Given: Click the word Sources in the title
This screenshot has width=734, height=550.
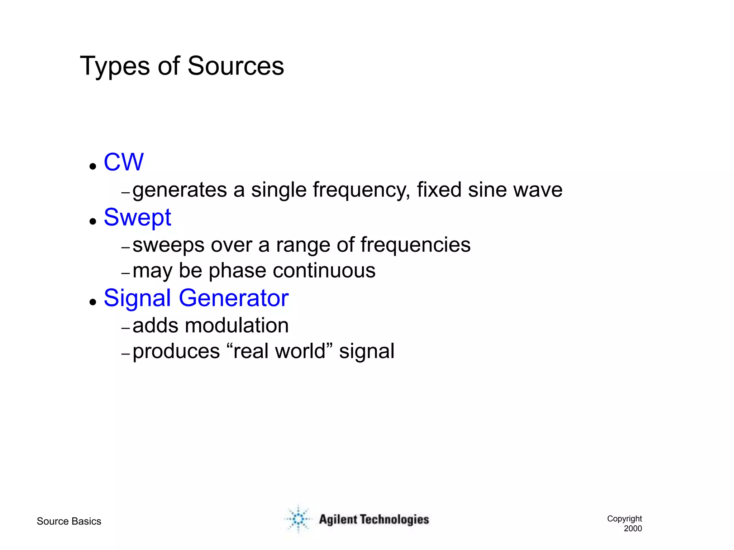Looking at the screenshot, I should click(x=235, y=66).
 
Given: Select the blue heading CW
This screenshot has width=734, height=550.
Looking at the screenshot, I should click(x=124, y=162).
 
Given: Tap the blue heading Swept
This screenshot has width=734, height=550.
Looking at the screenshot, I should click(x=137, y=218).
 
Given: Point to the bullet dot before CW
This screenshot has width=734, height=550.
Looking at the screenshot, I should click(x=93, y=166).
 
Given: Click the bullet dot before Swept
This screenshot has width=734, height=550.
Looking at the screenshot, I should click(x=93, y=221).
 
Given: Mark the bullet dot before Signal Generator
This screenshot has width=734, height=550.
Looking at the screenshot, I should click(x=93, y=302).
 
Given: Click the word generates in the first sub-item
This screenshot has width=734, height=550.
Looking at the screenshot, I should click(x=180, y=190).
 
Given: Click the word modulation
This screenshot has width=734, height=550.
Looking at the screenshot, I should click(x=237, y=325).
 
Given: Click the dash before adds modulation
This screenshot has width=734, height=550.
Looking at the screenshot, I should click(x=125, y=328).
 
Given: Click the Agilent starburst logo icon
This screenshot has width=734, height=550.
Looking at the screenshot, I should click(x=298, y=519).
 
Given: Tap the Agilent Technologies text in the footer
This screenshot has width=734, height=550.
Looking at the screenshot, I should click(x=374, y=520).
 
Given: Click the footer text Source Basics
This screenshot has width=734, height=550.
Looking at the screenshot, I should click(x=69, y=521).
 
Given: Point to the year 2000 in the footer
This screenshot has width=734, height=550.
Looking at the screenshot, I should click(x=633, y=529).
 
